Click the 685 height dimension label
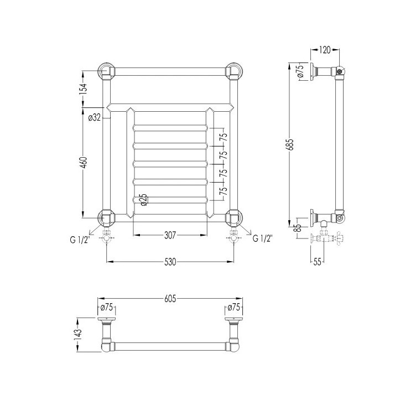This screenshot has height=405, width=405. coord(291,145)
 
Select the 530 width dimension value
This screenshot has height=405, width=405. coord(170,262)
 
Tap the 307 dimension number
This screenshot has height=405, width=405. coord(170,235)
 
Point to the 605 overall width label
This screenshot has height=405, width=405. coord(170,299)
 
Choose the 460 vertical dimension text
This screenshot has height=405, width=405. coord(84,163)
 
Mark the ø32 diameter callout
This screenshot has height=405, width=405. coord(94,118)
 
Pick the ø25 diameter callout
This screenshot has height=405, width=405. coord(144,200)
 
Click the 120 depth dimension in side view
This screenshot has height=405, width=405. coord(325,50)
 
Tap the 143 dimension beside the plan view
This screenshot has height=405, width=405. coord(79,335)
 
